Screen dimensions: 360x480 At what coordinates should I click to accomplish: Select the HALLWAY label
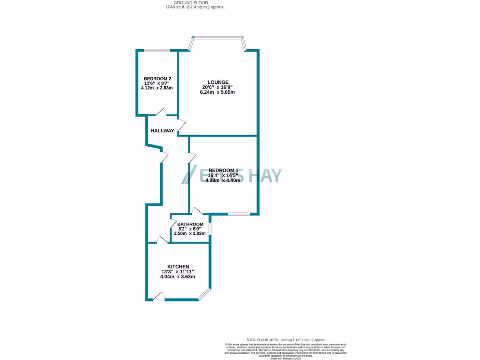162,131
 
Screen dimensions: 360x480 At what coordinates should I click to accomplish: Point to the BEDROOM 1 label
224,170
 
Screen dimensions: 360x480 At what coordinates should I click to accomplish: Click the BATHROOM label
190,225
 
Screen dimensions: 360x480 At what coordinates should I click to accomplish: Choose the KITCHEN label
178,266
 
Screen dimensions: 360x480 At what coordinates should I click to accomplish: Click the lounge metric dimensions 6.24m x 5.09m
218,92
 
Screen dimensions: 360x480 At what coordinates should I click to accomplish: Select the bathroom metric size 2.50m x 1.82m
190,233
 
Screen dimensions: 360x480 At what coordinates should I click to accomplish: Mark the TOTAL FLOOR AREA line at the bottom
285,340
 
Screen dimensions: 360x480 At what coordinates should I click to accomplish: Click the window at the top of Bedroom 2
157,51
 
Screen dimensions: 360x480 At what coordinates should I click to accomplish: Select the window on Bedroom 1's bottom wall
239,214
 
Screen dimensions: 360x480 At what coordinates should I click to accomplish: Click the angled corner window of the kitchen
204,293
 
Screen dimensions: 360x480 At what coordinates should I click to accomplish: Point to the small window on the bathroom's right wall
210,228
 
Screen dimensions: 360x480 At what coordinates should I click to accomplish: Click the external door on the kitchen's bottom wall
159,297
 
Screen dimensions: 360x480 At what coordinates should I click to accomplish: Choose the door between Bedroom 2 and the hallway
161,112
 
